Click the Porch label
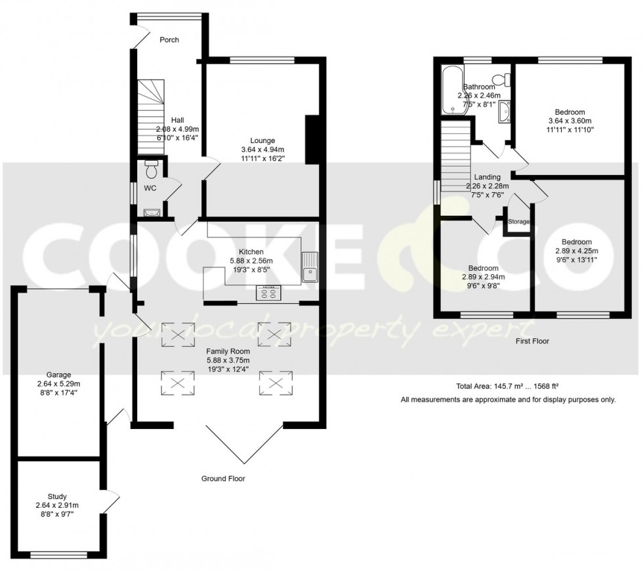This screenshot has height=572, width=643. click(x=169, y=40)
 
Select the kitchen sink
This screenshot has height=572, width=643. click(x=310, y=267)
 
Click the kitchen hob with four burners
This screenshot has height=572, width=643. click(x=268, y=293)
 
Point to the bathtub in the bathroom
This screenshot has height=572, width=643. click(x=452, y=89)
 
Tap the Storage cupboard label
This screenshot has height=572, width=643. click(x=518, y=222)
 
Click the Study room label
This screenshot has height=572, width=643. click(x=57, y=497)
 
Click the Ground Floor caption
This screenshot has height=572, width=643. click(x=223, y=479)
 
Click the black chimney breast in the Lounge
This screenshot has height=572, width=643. click(x=313, y=138)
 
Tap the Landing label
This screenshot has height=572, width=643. click(x=487, y=177)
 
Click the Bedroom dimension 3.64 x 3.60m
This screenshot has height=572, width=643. click(x=569, y=121)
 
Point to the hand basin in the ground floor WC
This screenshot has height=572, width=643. click(x=152, y=212)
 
